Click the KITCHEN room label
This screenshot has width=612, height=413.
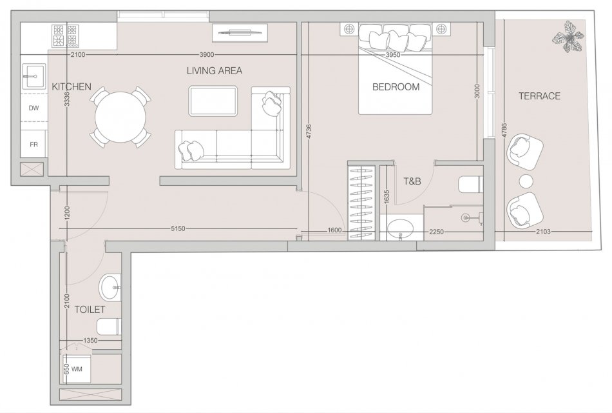pyautogui.click(x=72, y=86)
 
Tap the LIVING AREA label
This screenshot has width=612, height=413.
pyautogui.click(x=215, y=71)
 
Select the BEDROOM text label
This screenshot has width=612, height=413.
pyautogui.click(x=396, y=87)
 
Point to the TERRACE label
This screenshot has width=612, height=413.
pyautogui.click(x=539, y=96)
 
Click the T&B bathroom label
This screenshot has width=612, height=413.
pyautogui.click(x=412, y=181)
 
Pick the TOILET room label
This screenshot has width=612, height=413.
pyautogui.click(x=90, y=310)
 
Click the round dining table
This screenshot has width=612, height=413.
pyautogui.click(x=120, y=117)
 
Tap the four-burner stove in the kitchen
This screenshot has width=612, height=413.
pyautogui.click(x=65, y=35)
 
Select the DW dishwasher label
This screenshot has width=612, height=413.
pyautogui.click(x=34, y=108)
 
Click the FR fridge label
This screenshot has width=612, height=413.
pyautogui.click(x=34, y=145)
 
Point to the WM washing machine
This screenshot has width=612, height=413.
pyautogui.click(x=77, y=369)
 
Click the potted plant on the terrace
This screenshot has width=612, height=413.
pyautogui.click(x=568, y=37)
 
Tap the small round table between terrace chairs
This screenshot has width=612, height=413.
pyautogui.click(x=526, y=182)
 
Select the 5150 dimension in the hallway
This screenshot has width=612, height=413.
pyautogui.click(x=178, y=229)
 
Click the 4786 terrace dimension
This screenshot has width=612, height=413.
pyautogui.click(x=504, y=130)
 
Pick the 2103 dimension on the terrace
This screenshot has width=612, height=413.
pyautogui.click(x=543, y=232)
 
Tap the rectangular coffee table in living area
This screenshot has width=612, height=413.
pyautogui.click(x=213, y=101)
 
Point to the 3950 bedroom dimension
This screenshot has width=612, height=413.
pyautogui.click(x=393, y=55)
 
